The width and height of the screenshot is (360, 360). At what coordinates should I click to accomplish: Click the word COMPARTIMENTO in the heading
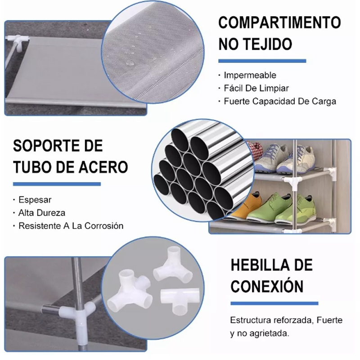click(x=279, y=22)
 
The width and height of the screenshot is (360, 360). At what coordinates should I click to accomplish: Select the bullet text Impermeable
click(x=250, y=75)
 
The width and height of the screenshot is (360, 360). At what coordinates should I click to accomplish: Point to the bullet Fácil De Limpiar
click(x=256, y=88)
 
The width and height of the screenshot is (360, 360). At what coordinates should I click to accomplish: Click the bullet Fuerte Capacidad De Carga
click(x=280, y=101)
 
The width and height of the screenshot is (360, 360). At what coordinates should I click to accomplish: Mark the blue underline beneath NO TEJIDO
click(x=262, y=61)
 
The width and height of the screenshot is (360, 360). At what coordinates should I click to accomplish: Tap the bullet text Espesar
click(x=35, y=199)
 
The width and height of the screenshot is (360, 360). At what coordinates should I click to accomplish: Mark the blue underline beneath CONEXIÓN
click(x=274, y=303)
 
